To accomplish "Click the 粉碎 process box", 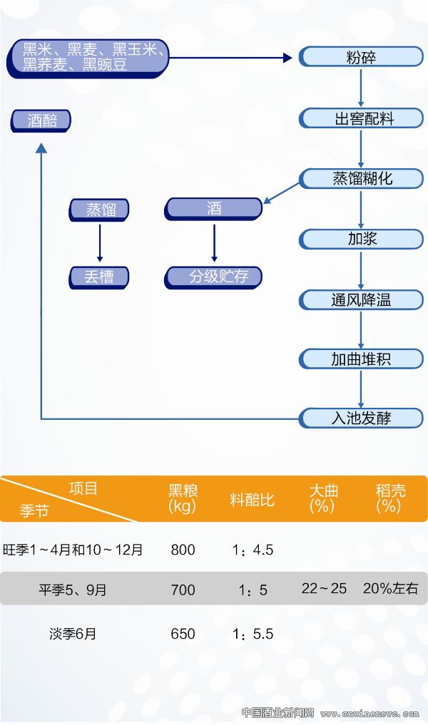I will pyautogui.click(x=361, y=58).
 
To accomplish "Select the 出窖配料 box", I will pyautogui.click(x=361, y=118).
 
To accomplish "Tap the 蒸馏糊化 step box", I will pyautogui.click(x=361, y=178).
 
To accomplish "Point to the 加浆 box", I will pyautogui.click(x=361, y=238).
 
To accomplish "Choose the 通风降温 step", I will pyautogui.click(x=361, y=299).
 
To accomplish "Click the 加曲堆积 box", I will pyautogui.click(x=361, y=359).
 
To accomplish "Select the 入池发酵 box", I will pyautogui.click(x=361, y=418).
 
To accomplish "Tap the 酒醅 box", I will pyautogui.click(x=41, y=121).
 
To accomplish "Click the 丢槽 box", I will pyautogui.click(x=99, y=277).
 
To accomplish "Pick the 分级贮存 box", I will pyautogui.click(x=214, y=277).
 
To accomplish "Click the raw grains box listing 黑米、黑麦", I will pyautogui.click(x=89, y=58).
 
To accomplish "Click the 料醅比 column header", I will pyautogui.click(x=252, y=499).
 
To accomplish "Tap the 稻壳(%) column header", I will pyautogui.click(x=390, y=498).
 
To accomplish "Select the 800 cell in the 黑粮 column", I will pyautogui.click(x=183, y=550).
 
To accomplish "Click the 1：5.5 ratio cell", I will pyautogui.click(x=253, y=634).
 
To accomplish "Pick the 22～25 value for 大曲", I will pyautogui.click(x=324, y=589).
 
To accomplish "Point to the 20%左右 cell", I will pyautogui.click(x=390, y=589).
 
